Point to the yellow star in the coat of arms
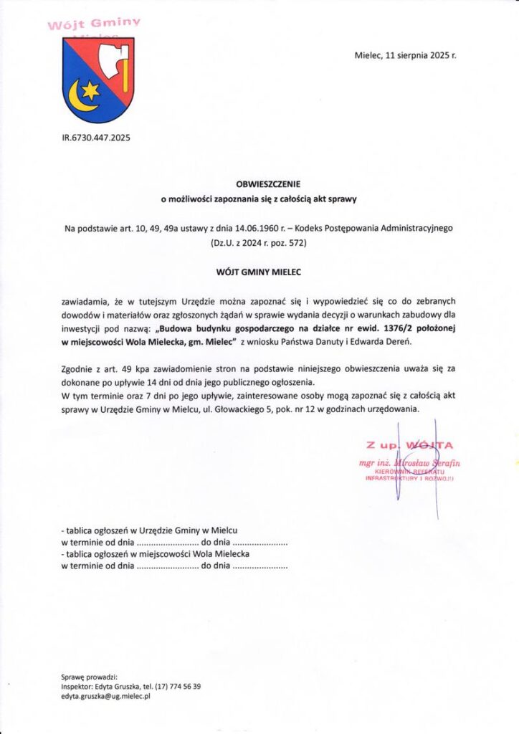[91, 90]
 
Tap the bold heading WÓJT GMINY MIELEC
[260, 272]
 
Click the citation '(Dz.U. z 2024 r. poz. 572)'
[259, 244]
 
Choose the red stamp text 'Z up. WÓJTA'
[409, 446]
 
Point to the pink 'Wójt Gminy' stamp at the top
[94, 24]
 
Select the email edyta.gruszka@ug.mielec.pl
[106, 696]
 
